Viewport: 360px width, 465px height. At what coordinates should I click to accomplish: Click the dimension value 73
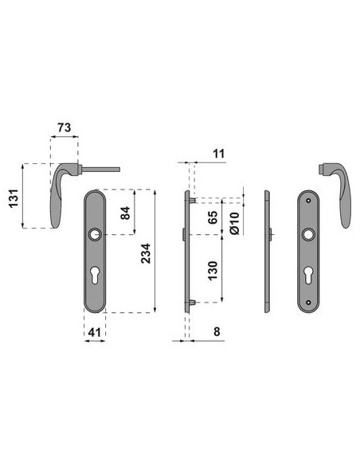point(65,127)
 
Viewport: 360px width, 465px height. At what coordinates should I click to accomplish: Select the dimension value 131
point(14,198)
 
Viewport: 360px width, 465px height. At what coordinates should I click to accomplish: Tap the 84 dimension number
point(125,213)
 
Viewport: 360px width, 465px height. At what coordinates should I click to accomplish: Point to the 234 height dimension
point(146,253)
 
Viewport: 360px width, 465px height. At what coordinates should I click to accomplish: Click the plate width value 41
point(95,332)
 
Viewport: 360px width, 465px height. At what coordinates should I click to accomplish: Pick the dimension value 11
point(219,154)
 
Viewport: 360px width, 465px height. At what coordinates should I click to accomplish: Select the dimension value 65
point(213,217)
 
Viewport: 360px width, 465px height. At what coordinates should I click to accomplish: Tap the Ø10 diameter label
point(234,223)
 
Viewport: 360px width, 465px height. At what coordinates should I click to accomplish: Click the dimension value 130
point(213,271)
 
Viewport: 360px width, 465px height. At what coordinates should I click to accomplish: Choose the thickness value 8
point(217,331)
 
